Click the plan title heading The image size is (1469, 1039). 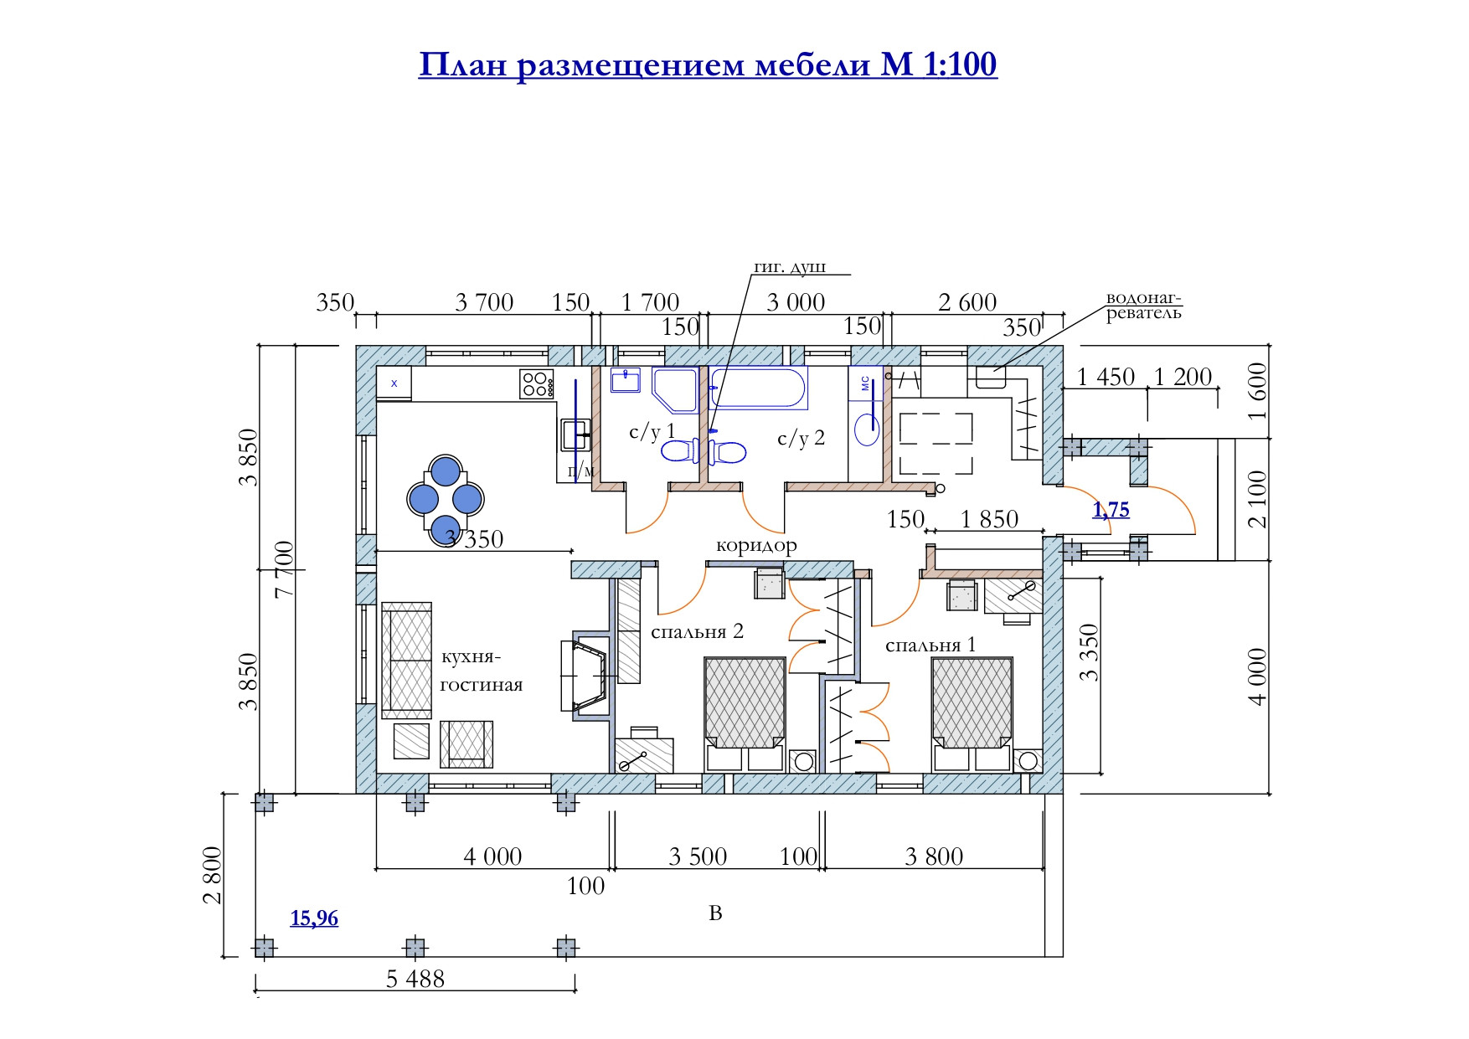coord(708,64)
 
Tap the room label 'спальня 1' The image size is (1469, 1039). coord(930,646)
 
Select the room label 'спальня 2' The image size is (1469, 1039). coord(697,631)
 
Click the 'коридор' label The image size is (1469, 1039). coord(756,546)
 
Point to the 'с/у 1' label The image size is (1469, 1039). coord(652,432)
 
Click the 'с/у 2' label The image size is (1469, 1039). coord(801,438)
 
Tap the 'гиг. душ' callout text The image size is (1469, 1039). coord(790,267)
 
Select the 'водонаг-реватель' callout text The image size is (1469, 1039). coord(1143,306)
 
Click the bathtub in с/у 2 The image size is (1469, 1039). coord(758,388)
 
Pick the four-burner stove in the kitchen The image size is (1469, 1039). coord(536,384)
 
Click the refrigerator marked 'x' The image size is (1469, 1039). coord(394,383)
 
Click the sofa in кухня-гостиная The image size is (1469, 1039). coord(407,660)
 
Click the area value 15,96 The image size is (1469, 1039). coord(314,918)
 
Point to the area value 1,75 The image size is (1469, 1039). coord(1111,510)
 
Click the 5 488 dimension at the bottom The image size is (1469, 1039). coord(415,979)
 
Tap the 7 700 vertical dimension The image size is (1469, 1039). coord(284,568)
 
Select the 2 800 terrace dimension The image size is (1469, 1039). coord(213,875)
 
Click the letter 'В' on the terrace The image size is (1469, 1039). coord(715,913)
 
